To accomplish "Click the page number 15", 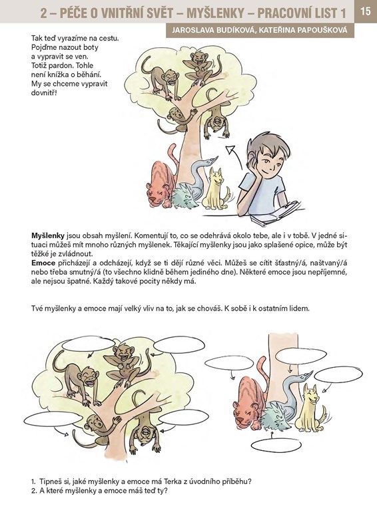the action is tap(366, 11).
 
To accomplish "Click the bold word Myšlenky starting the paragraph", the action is tap(47, 236).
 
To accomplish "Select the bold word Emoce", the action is tap(43, 263).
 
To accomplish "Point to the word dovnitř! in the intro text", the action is tap(43, 92).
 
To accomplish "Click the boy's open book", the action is tap(275, 212).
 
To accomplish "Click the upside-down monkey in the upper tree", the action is tap(216, 115).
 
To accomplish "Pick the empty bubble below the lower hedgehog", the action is tap(276, 446).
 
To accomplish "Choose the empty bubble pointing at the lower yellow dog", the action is tap(338, 375).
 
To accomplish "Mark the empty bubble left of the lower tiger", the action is tap(228, 363).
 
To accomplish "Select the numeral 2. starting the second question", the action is tap(34, 491).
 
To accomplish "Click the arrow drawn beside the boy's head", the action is tap(234, 156).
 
